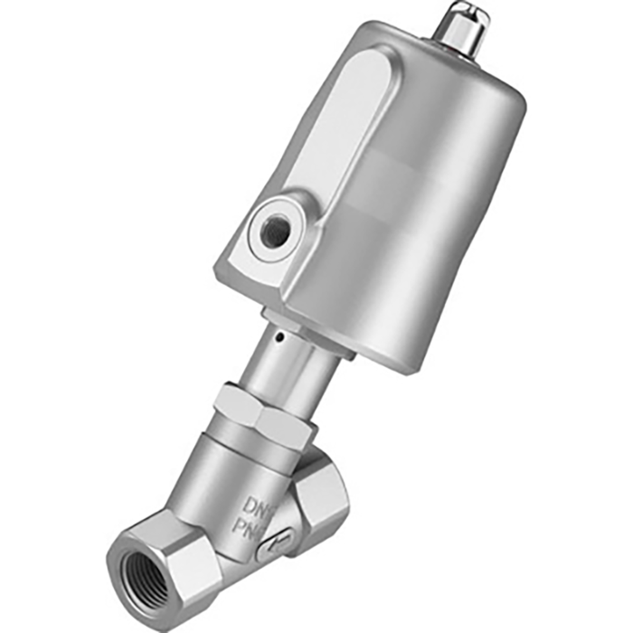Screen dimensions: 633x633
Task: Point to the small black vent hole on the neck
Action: click(x=280, y=339)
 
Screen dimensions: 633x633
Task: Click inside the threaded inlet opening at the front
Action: click(x=143, y=571)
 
